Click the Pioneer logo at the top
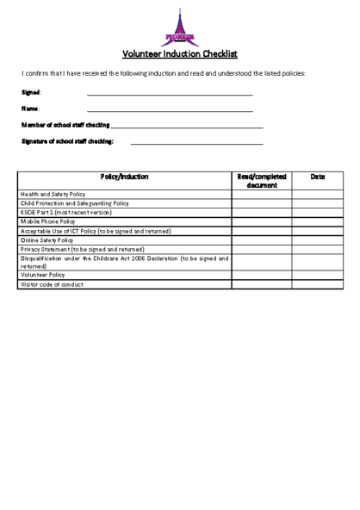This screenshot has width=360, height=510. [179, 28]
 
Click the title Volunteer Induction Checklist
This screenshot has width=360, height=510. [179, 53]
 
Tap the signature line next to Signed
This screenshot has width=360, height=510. [170, 93]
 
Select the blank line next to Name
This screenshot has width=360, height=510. [170, 110]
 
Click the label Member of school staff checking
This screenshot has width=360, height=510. [65, 126]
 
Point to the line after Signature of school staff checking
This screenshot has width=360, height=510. [196, 142]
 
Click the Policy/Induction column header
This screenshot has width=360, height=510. [124, 177]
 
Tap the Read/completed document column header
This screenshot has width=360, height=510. [261, 180]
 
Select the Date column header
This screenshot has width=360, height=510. [317, 177]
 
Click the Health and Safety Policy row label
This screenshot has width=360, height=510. [53, 195]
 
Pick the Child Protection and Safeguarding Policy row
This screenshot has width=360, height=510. [74, 203]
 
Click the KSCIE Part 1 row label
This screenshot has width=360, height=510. [66, 212]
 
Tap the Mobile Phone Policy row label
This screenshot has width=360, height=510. [48, 221]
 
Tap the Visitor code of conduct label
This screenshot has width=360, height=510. [52, 285]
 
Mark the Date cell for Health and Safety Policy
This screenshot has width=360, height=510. [317, 195]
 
